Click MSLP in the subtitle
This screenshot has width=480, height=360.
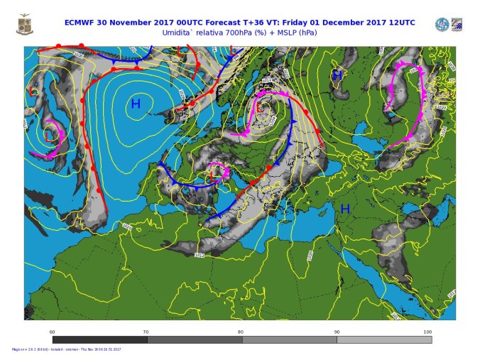pos(283,32)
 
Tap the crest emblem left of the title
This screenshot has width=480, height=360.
pos(25,26)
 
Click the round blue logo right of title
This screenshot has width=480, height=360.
pos(442,25)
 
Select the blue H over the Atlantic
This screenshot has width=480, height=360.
pos(135,104)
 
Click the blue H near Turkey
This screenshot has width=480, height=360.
pos(345,209)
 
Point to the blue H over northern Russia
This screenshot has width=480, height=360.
pos(338,75)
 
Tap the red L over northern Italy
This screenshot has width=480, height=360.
pos(214,170)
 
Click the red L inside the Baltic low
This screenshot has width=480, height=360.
pos(262,108)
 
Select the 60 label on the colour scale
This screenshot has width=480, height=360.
pos(53,332)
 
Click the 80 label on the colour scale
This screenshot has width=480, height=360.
pos(241,332)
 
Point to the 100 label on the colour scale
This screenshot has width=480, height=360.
pos(427,332)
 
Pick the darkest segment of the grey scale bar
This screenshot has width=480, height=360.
pos(99,339)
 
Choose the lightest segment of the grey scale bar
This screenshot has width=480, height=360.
pos(384,339)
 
